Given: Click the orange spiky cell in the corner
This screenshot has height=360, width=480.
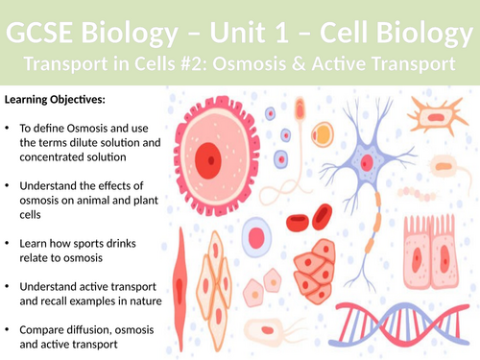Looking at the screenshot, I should pyautogui.click(x=444, y=115).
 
